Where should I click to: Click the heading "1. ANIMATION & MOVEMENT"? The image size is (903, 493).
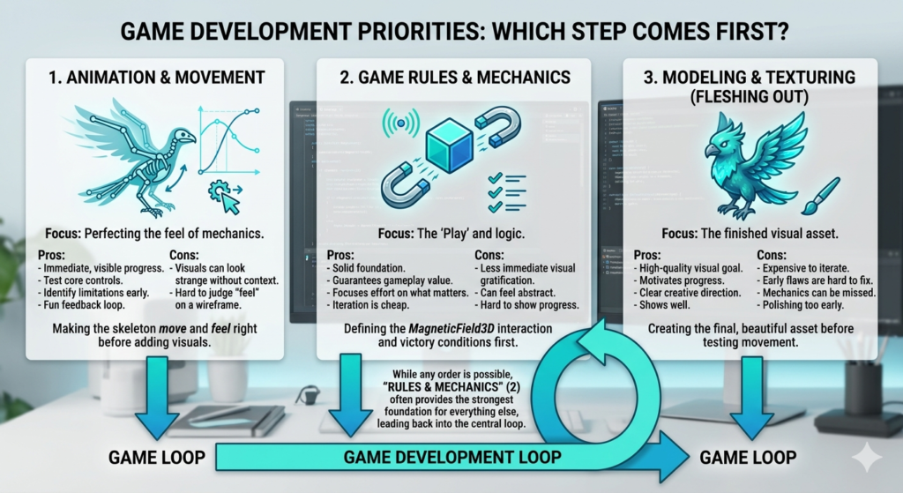click(157, 78)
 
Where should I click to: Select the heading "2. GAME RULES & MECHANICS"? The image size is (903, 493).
click(455, 78)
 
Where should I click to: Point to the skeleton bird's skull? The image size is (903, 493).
click(184, 138)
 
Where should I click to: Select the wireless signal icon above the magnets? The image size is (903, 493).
click(401, 122)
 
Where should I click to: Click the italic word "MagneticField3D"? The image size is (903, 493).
click(451, 329)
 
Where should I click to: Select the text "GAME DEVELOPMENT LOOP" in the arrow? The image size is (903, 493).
click(452, 458)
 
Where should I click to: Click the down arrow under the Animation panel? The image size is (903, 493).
click(157, 398)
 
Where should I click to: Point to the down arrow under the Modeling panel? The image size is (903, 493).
click(751, 398)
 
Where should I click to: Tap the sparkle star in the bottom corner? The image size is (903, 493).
click(867, 458)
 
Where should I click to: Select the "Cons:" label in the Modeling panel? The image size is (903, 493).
click(771, 255)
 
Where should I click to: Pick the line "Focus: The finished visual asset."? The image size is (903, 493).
click(750, 233)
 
